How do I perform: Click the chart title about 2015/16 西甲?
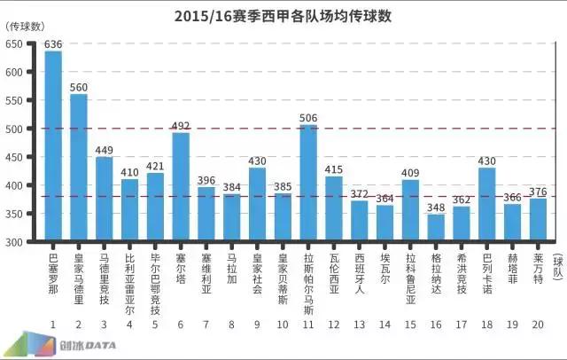(x=283, y=16)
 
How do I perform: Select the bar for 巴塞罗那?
(x=53, y=146)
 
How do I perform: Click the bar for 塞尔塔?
(x=181, y=187)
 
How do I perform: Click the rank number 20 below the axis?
(x=538, y=324)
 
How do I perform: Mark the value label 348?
(x=436, y=207)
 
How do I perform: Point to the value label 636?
(x=53, y=43)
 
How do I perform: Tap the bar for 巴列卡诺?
(x=486, y=205)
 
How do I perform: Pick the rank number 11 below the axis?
(x=308, y=324)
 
